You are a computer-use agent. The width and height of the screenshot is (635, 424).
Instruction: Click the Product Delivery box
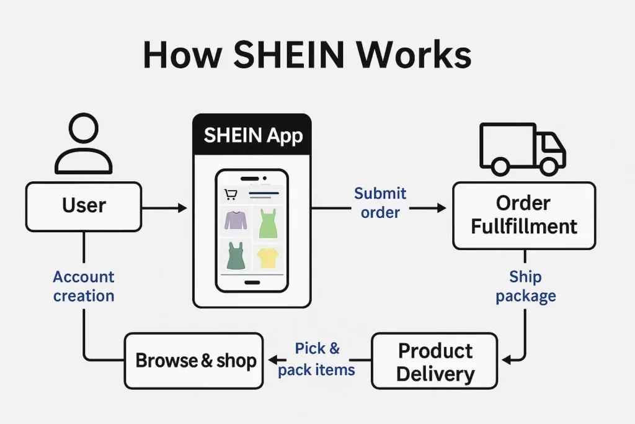[435, 361]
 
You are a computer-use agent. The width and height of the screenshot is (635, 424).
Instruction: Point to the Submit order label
[380, 203]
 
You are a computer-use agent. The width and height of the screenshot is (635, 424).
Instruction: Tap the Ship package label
[525, 286]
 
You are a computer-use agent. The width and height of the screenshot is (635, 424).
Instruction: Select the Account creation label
[84, 286]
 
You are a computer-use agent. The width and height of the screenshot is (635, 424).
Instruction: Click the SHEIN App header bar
[252, 136]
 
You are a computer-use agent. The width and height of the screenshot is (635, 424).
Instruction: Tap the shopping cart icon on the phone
[231, 195]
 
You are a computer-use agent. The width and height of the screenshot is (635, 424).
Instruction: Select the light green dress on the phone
[268, 223]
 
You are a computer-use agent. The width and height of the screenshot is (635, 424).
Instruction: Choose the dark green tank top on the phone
[236, 255]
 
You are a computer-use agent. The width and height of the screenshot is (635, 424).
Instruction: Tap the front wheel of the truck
[548, 166]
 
